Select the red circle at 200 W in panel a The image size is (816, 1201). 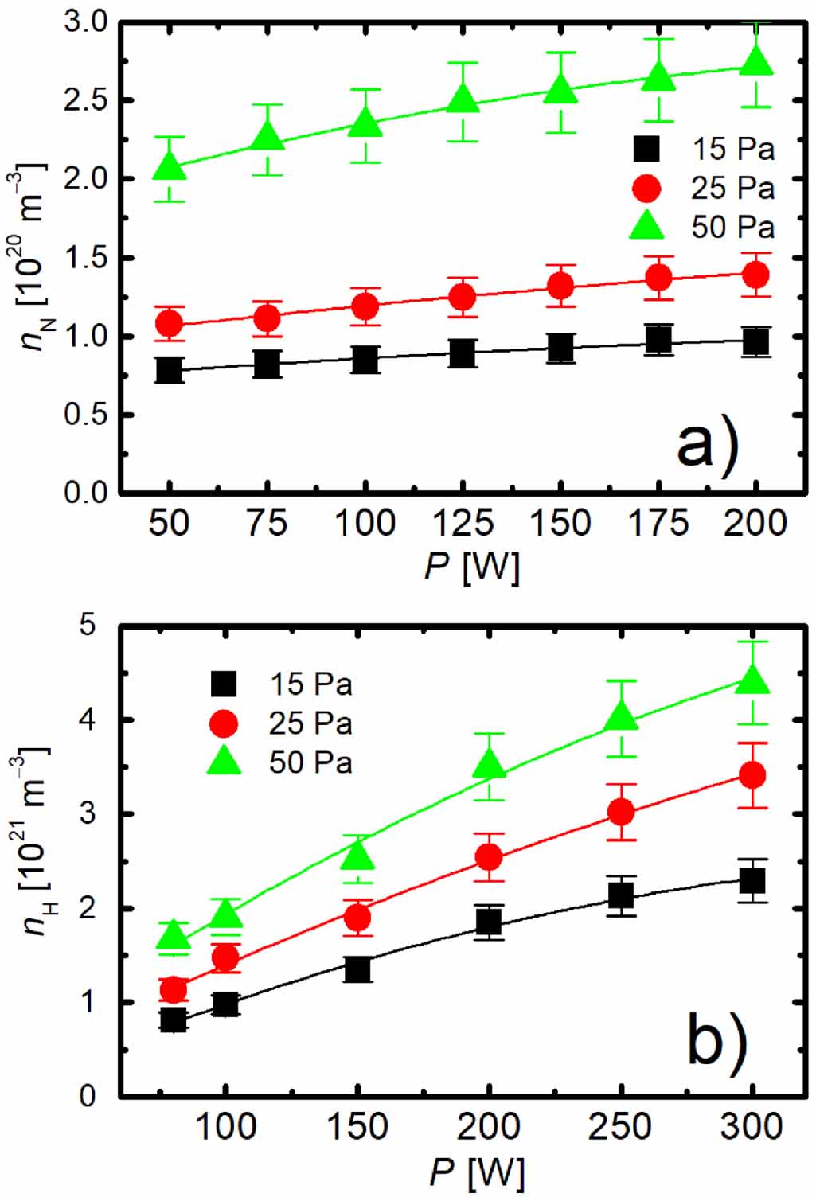point(755,275)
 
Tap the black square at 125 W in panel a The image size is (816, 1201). point(463,353)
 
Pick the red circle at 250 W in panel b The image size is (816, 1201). point(621,812)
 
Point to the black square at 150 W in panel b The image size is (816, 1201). point(358,969)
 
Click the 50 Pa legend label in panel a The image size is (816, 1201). point(732,228)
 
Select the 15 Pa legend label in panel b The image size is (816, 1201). point(310,684)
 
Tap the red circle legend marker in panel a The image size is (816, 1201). point(646,189)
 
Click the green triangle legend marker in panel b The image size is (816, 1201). point(224,762)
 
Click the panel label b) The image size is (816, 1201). point(717,1039)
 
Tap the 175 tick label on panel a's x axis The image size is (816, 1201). point(658,524)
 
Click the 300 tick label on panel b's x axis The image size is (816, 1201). point(752,1127)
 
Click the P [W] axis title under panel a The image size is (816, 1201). point(471,567)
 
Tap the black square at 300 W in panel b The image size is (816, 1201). point(752,881)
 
